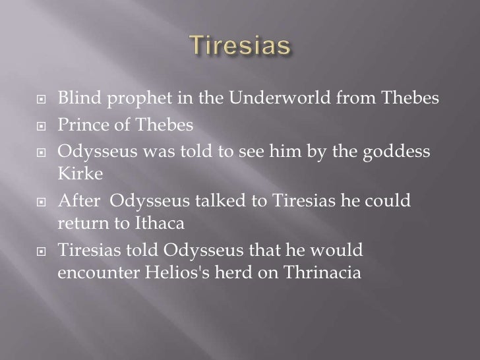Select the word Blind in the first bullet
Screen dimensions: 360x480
click(x=75, y=99)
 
